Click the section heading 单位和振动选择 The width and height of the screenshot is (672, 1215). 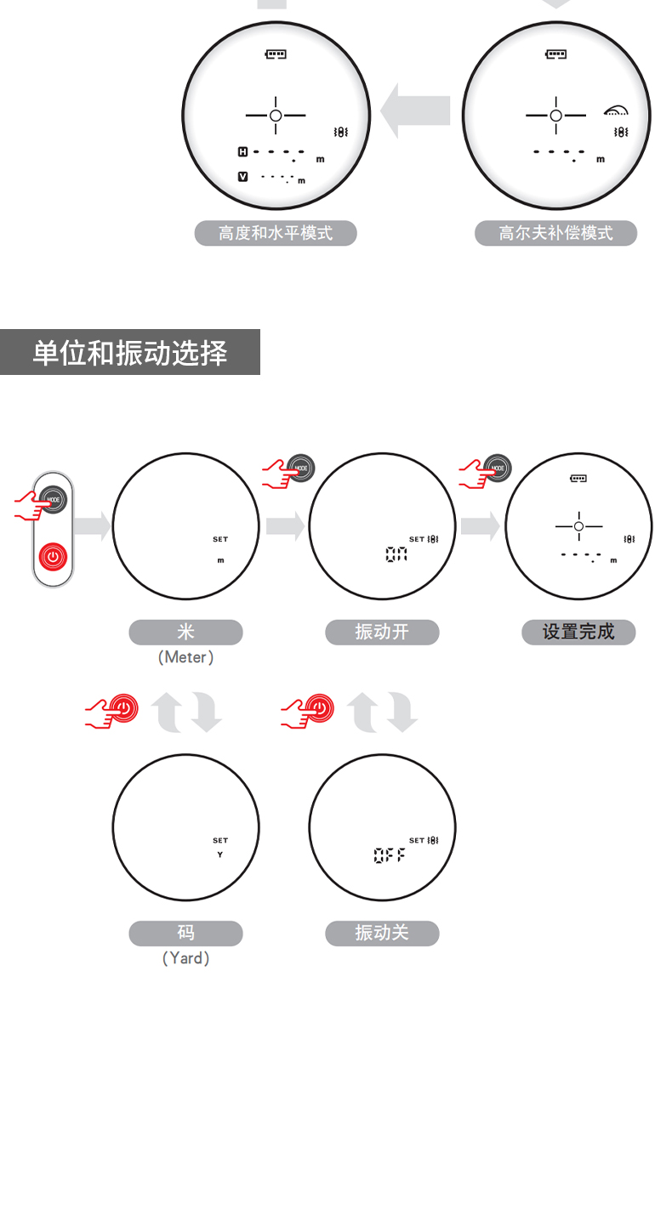click(130, 353)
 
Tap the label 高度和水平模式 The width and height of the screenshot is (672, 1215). click(276, 233)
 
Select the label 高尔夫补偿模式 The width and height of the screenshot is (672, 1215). click(555, 233)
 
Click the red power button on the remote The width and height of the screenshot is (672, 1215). click(53, 559)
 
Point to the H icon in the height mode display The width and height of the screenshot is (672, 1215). click(242, 152)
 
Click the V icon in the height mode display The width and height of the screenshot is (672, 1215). click(242, 176)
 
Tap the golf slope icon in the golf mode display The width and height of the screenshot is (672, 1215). click(616, 111)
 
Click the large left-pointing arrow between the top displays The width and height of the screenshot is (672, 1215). click(415, 111)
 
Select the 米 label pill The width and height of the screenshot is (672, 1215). click(185, 633)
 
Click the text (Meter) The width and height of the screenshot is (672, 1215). click(185, 657)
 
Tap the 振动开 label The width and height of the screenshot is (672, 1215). click(382, 633)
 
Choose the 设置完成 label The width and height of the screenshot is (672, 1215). click(578, 633)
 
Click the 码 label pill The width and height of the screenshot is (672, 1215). click(185, 934)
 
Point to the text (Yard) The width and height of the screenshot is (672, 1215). click(185, 958)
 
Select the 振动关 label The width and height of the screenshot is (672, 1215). click(382, 934)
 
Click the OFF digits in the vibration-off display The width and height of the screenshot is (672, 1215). click(390, 855)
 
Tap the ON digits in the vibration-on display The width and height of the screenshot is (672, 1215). click(396, 554)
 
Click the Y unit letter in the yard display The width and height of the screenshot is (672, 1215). click(219, 854)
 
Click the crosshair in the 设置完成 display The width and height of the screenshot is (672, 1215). click(578, 527)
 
